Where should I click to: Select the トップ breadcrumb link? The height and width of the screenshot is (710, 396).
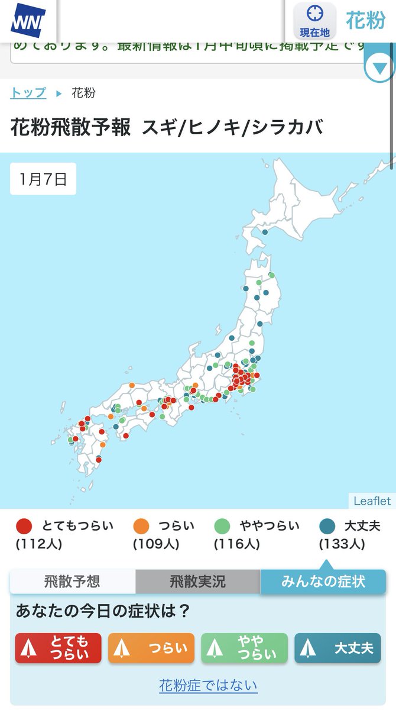(28, 93)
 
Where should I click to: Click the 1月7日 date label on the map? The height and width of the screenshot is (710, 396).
(43, 179)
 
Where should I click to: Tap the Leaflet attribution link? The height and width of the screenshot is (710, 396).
(372, 501)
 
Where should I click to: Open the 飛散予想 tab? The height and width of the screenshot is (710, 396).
(72, 582)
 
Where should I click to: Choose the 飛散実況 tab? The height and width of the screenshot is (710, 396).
(197, 582)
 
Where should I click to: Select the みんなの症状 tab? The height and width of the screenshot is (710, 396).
(323, 582)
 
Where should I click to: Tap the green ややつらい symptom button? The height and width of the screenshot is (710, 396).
(244, 648)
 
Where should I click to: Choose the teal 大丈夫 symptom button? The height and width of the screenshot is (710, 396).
(337, 648)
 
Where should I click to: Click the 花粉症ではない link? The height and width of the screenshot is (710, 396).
(208, 685)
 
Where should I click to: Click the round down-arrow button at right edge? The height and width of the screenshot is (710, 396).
(379, 68)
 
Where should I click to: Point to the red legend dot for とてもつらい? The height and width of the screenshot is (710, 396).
(24, 526)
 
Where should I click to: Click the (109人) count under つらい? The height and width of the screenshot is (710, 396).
(156, 544)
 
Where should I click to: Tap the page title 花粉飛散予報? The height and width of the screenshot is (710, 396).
(71, 128)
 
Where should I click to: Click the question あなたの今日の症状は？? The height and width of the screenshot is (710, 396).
(103, 611)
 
